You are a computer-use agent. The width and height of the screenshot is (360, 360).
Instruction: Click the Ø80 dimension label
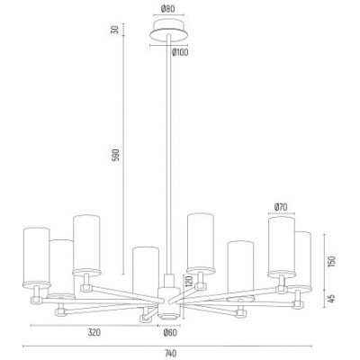point(167,9)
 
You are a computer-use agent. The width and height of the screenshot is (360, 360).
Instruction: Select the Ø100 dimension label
point(180,52)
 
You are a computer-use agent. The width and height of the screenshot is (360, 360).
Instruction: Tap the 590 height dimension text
point(115,155)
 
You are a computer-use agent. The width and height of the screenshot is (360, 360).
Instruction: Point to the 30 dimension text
point(115,30)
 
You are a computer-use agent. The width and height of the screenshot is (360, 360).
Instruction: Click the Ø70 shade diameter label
point(281,207)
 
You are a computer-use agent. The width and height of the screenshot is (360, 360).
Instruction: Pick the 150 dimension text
point(332,261)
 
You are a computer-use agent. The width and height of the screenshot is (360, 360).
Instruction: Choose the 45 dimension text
point(332,299)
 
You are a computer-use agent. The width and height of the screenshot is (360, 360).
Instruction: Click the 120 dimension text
point(189,281)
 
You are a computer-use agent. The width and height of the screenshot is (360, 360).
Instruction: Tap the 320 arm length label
point(94,332)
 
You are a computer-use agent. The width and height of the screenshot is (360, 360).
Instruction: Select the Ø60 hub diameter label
point(170,332)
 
